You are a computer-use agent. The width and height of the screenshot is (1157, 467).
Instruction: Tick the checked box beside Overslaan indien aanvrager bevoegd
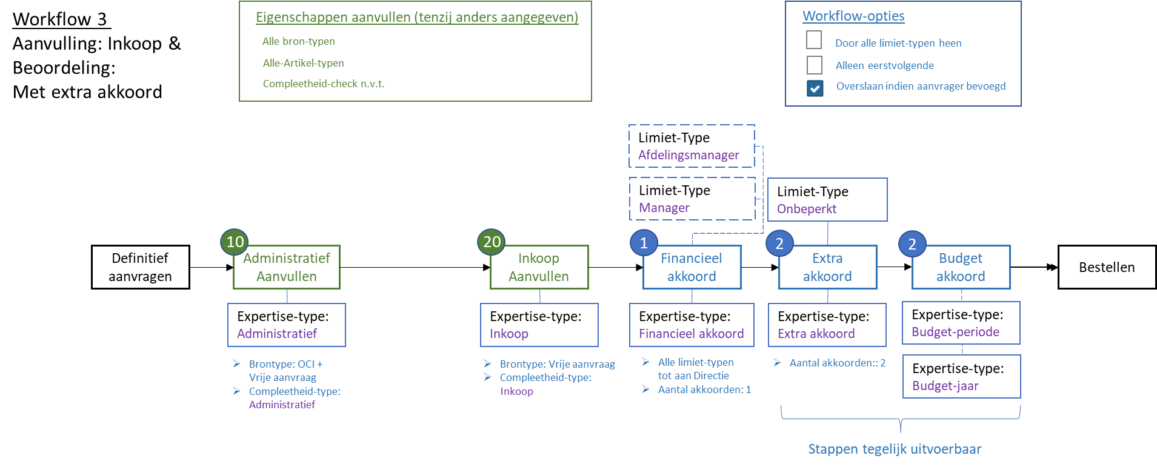click(815, 88)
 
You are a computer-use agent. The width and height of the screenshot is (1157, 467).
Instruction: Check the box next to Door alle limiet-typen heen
click(814, 40)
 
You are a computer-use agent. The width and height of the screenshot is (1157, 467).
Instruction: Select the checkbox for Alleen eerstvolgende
click(815, 65)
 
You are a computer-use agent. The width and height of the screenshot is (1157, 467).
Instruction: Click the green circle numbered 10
click(235, 242)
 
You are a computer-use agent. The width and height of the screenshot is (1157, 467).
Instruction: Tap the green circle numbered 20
click(492, 242)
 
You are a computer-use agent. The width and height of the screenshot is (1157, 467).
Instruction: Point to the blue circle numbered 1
click(644, 243)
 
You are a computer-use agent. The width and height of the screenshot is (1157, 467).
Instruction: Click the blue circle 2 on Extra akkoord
click(779, 243)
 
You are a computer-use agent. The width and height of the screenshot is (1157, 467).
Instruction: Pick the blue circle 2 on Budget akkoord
click(912, 244)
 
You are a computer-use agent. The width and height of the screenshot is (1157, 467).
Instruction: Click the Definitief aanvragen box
click(141, 267)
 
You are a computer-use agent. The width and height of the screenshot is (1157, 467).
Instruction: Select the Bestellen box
click(1107, 267)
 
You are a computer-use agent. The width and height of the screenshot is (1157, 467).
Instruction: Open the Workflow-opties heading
click(853, 16)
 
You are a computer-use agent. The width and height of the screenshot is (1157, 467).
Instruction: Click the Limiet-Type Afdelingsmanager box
click(692, 146)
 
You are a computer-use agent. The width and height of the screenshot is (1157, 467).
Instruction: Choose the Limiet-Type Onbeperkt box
click(827, 200)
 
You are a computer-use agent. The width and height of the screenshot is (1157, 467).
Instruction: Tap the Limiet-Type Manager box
click(692, 199)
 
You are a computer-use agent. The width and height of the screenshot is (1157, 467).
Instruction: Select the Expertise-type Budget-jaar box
click(961, 377)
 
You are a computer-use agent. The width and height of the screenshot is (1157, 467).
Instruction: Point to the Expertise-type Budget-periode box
click(961, 323)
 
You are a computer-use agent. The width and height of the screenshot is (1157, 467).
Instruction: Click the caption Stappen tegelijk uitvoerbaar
click(895, 449)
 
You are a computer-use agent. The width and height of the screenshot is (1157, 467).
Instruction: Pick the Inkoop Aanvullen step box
click(539, 267)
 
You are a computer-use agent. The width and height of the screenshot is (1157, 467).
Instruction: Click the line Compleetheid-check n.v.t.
click(324, 84)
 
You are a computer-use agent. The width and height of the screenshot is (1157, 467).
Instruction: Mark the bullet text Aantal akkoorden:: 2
click(837, 363)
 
